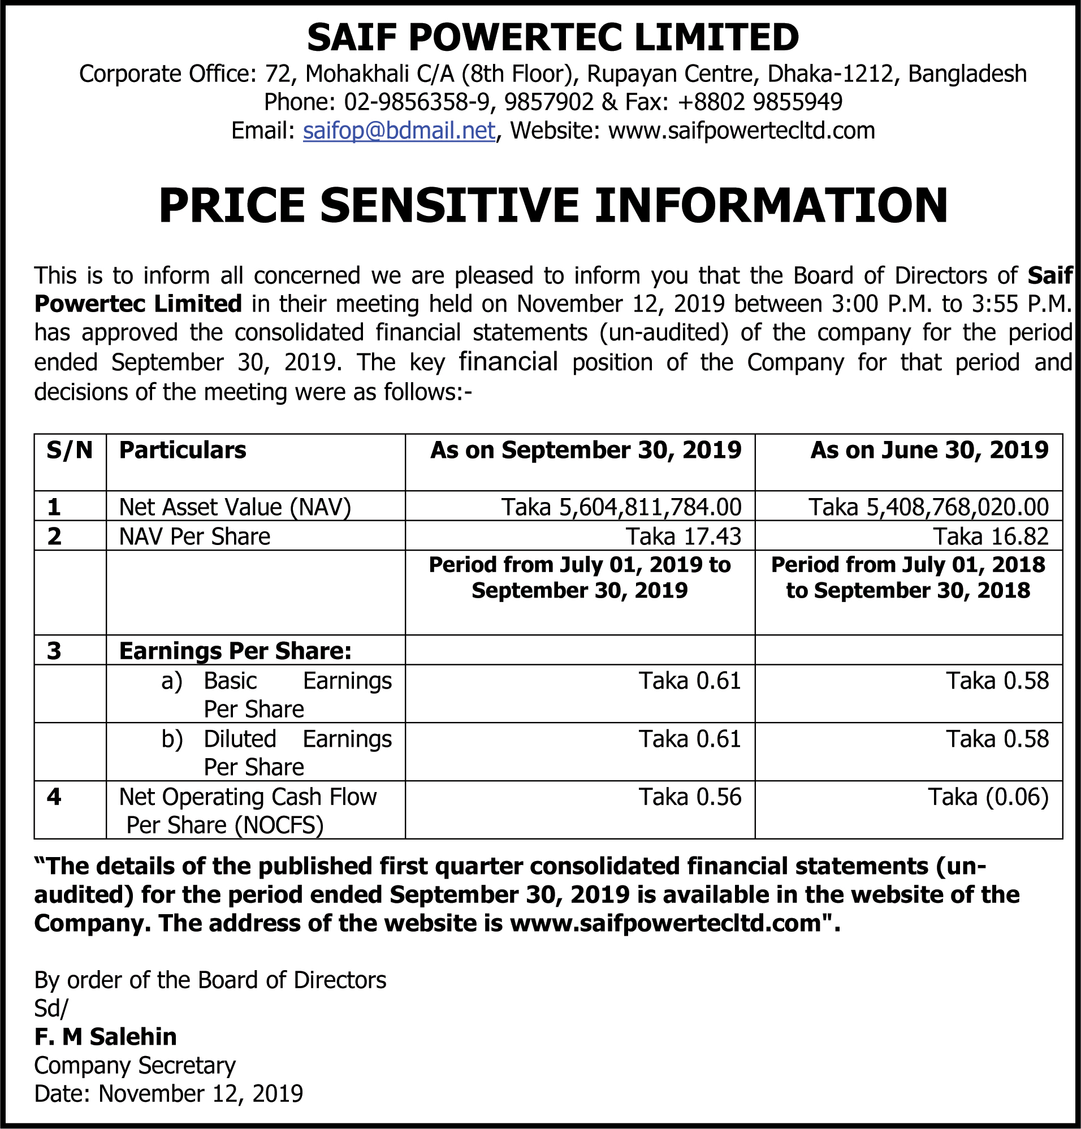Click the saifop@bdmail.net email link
click(399, 131)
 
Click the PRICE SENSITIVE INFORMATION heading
click(553, 206)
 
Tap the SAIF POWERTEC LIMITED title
click(553, 37)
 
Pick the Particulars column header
click(183, 451)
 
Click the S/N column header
click(70, 451)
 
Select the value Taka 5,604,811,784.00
click(621, 507)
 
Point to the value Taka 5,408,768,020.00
click(928, 507)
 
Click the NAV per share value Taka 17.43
click(684, 537)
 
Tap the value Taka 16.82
click(991, 537)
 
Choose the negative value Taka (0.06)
click(988, 797)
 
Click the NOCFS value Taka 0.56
click(690, 797)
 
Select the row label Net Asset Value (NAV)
click(235, 507)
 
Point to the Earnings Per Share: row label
click(235, 651)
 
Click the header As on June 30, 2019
click(929, 451)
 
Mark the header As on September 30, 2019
click(586, 451)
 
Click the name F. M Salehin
click(105, 1037)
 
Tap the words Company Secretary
click(135, 1066)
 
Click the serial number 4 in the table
click(54, 797)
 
